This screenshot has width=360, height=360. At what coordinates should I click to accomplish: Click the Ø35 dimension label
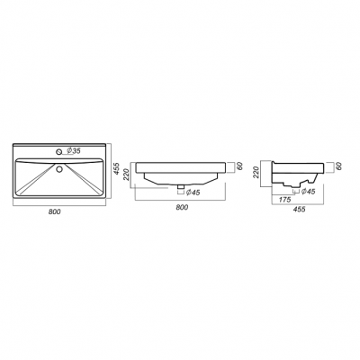coord(74,150)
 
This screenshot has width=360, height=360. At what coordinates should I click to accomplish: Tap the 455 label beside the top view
coord(117,169)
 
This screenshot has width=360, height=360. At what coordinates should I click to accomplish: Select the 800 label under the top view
coord(54,211)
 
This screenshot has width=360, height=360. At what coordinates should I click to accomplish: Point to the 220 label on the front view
coord(126,175)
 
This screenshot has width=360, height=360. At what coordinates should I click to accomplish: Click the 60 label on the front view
coord(239,166)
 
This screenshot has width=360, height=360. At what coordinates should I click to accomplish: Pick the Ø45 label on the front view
coord(193,193)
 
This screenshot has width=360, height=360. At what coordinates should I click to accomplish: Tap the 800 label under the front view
coord(182,207)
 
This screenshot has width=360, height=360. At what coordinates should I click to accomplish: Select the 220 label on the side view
coord(256,173)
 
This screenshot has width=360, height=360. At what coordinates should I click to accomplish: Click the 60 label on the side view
coord(338,166)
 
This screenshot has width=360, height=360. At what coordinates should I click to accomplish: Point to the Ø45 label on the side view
coord(308,191)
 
